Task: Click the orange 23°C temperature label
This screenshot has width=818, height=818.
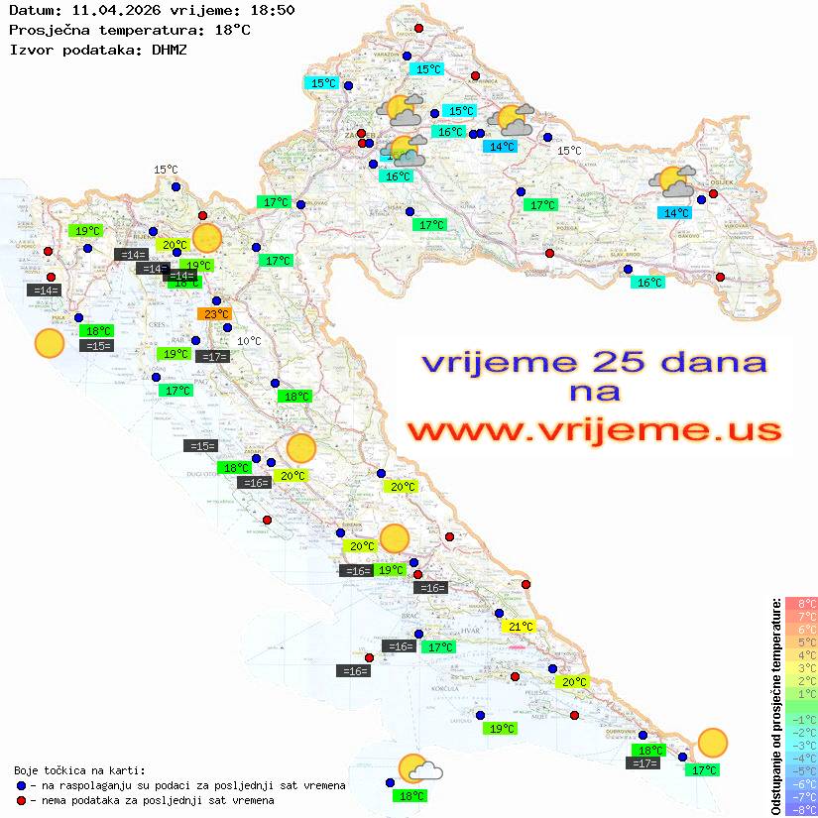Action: pos(214,314)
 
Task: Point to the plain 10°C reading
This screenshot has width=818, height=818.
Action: pos(249,341)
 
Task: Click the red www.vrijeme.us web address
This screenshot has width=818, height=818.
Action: pos(594,430)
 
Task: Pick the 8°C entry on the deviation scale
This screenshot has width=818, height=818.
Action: pos(802,603)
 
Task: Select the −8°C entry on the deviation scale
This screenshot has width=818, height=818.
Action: pos(801,809)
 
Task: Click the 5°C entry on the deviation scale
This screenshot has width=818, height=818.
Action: pos(802,642)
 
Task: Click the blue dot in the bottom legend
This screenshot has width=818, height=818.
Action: pos(21,785)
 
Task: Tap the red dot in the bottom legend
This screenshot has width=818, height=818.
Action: pos(21,800)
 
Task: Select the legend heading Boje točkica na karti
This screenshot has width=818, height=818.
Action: pos(79,770)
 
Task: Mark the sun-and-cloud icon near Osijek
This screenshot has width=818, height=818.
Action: pos(674,183)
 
